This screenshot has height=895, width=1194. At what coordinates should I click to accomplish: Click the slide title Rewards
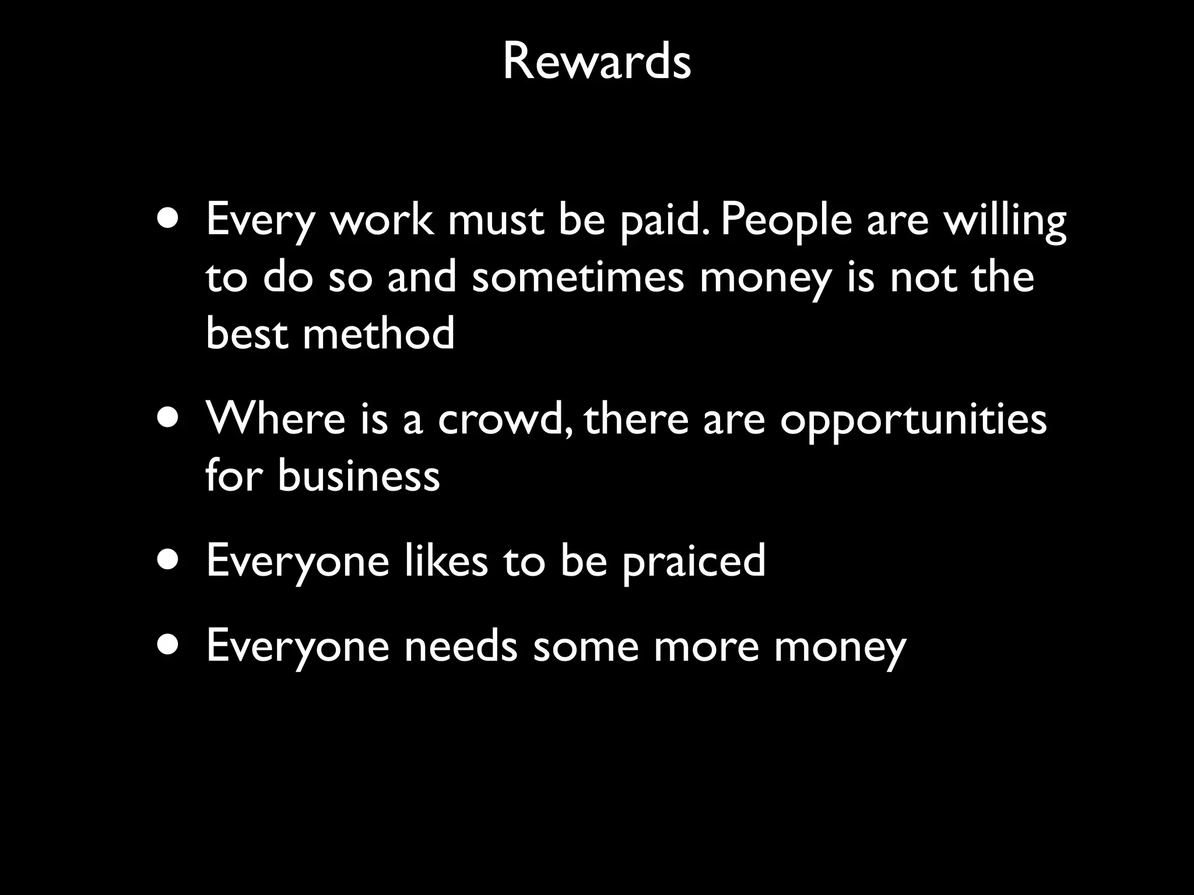pos(596,62)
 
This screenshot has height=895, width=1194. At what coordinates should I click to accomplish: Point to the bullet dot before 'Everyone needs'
pos(168,646)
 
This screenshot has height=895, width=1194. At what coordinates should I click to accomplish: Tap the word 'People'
pos(786,221)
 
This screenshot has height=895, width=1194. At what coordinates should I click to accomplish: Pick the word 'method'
pos(378,333)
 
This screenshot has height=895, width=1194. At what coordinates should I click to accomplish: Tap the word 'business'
pos(358,475)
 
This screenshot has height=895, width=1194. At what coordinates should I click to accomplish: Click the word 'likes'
pos(446,559)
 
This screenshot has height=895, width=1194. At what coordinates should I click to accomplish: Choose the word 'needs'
pos(461,646)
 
